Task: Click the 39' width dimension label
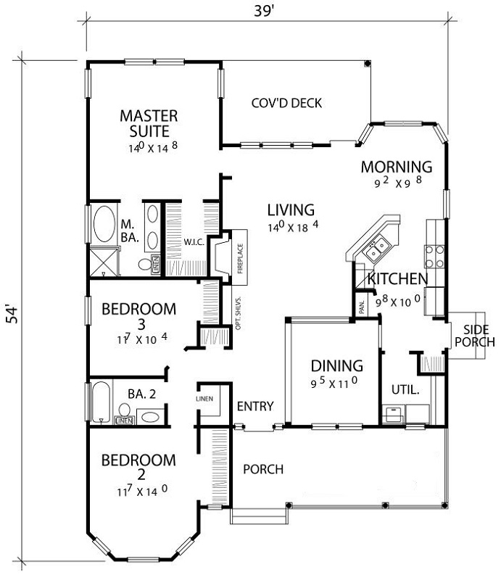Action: (265, 11)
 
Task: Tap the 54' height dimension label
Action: (13, 315)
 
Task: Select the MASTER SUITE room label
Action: (149, 123)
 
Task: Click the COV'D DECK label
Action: (286, 103)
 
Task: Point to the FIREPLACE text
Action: (240, 258)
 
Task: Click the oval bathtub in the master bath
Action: (104, 224)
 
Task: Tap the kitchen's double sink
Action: (375, 248)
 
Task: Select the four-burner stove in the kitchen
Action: (434, 257)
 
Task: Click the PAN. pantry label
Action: (362, 307)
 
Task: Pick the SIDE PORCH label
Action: (475, 336)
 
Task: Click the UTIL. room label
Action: (405, 389)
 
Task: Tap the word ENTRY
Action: (255, 406)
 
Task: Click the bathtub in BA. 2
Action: (101, 402)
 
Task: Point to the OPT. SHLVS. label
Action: (239, 312)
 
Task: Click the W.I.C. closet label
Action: (194, 243)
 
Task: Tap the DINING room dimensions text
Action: (334, 383)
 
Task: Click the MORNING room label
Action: (397, 167)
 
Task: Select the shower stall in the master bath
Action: (104, 262)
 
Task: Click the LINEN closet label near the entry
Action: (204, 399)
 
